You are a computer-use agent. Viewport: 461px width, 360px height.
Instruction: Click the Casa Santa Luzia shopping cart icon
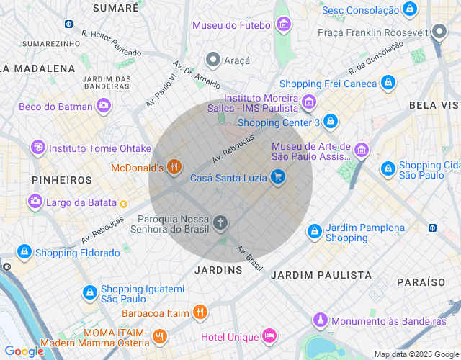278,177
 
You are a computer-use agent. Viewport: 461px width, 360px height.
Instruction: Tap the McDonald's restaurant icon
174,168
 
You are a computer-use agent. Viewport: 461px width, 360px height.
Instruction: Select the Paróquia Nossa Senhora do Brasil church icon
220,223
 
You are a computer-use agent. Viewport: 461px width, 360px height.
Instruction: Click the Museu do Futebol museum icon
284,25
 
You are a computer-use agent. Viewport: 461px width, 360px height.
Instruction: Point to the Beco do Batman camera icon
103,107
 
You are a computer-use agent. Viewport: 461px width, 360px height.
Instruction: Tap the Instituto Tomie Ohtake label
99,148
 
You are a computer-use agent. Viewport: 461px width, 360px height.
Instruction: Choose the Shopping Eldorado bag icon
24,253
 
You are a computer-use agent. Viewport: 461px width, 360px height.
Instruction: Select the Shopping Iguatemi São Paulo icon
90,293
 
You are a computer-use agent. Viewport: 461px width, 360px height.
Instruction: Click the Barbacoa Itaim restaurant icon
200,313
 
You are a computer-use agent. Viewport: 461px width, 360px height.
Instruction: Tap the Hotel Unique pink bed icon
269,336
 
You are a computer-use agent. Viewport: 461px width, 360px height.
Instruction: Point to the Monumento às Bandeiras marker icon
320,320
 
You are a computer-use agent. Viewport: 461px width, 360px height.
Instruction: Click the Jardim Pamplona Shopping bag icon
314,232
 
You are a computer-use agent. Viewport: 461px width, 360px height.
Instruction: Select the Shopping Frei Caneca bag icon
388,83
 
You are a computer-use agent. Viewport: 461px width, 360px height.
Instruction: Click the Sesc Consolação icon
410,10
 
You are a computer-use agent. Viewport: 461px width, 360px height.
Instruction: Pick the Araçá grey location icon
213,60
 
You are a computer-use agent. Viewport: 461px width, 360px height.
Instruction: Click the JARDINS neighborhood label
218,270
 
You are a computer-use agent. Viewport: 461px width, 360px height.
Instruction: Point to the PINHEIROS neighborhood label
62,179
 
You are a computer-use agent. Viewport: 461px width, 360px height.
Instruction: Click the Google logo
23,351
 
